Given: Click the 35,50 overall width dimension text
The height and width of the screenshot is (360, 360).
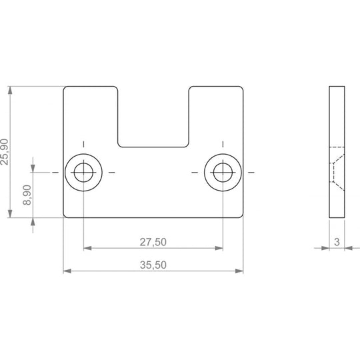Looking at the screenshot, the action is [153, 265].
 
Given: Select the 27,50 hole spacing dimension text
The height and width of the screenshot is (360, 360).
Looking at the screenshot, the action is [153, 242].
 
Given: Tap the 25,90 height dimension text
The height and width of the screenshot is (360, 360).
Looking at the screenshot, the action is [5, 152].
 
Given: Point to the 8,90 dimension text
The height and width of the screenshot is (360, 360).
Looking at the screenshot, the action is [27, 195].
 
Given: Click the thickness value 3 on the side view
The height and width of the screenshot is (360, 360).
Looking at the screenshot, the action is [337, 242].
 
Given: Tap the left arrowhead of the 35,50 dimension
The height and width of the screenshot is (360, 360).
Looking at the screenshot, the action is [67, 271].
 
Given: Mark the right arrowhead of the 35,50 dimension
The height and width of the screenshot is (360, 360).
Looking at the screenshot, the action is [239, 271].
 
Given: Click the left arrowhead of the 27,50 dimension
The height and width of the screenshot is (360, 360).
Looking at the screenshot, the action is [87, 248].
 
